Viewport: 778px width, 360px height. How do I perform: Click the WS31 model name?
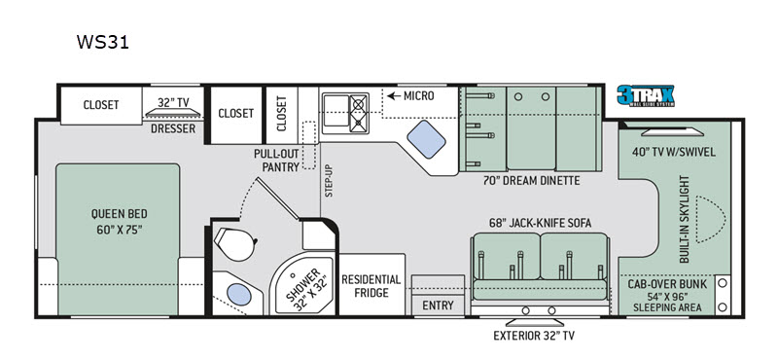103,42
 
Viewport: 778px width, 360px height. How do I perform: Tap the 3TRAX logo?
646,95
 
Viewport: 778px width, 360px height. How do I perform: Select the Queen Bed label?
119,222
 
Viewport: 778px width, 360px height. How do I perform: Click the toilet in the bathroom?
235,243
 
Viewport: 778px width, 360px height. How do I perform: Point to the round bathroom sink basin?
238,295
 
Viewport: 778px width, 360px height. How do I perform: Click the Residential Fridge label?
371,286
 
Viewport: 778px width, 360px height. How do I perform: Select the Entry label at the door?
439,306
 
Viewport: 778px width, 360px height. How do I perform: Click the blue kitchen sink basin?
426,139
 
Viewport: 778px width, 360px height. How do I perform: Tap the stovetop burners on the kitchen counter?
359,113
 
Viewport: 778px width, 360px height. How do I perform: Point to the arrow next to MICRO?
394,95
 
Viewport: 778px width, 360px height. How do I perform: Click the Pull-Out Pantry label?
277,161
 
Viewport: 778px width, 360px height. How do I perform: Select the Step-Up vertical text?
329,181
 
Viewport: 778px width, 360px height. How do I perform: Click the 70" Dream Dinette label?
531,181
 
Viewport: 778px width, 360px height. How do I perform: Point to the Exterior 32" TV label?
534,336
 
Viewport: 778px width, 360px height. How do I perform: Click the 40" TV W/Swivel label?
673,152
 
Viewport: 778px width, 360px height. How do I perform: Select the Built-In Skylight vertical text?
686,219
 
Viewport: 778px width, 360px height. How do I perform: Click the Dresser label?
173,129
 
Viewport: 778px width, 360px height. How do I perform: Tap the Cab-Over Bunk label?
668,285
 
